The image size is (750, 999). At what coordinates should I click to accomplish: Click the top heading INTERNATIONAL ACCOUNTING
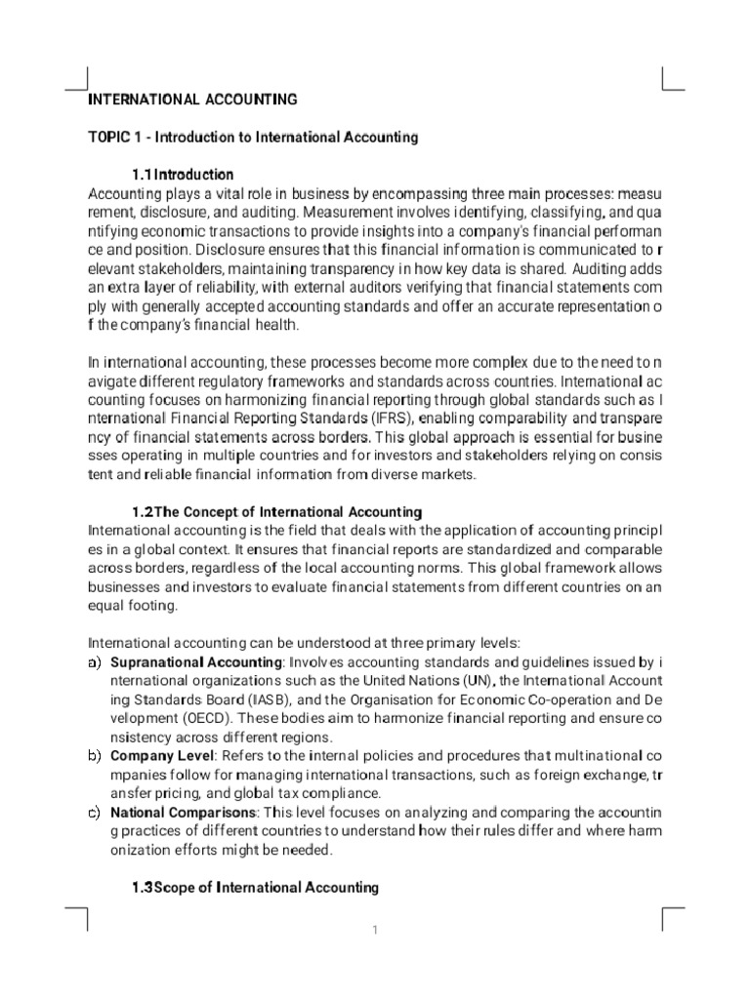click(192, 99)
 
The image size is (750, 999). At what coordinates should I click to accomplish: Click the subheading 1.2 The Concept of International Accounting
click(276, 511)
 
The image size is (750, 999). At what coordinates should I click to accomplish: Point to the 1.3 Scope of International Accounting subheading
click(255, 887)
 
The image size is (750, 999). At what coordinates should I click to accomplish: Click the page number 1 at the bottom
click(374, 930)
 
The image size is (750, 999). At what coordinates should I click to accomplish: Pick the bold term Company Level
click(158, 755)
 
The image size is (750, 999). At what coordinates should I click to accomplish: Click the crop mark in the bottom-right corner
click(672, 917)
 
